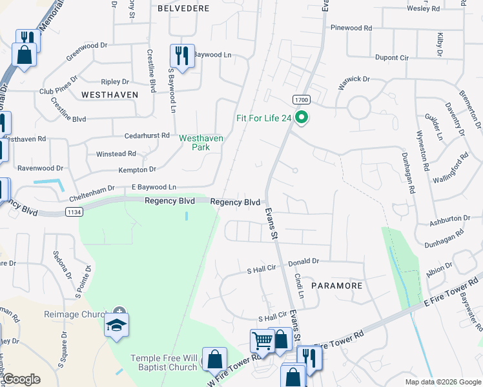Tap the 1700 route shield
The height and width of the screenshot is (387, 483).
pyautogui.click(x=301, y=100)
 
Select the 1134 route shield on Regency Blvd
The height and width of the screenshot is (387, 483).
pyautogui.click(x=73, y=212)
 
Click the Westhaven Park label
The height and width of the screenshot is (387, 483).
pyautogui.click(x=201, y=143)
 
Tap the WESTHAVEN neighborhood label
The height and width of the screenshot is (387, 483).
pyautogui.click(x=110, y=94)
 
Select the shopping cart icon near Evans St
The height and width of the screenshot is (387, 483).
pyautogui.click(x=262, y=340)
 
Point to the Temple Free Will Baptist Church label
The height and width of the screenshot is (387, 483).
pyautogui.click(x=163, y=362)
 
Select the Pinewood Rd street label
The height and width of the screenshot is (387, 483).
pyautogui.click(x=351, y=28)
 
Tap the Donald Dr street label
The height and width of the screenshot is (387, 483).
pyautogui.click(x=303, y=261)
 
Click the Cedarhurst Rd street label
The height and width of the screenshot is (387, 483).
pyautogui.click(x=147, y=136)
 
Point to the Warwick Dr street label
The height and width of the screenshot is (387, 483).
pyautogui.click(x=354, y=82)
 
